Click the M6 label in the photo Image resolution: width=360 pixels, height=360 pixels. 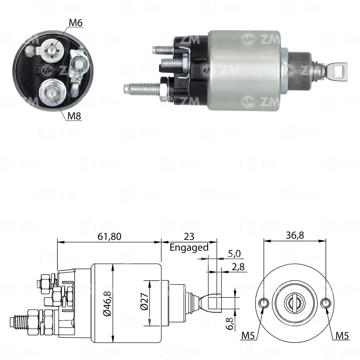(x=75, y=23)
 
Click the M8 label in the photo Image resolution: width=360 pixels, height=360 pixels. (x=74, y=116)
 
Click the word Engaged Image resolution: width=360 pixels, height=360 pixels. (x=189, y=247)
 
